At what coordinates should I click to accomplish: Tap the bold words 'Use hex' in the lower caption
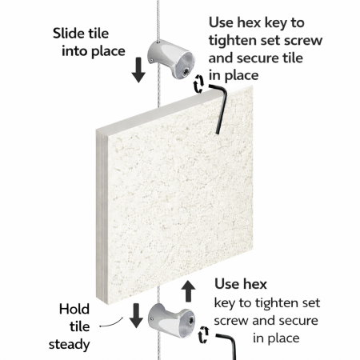coord(241,284)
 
